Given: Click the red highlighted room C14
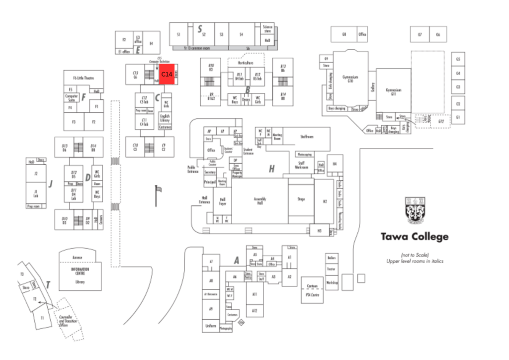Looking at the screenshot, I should pyautogui.click(x=167, y=74).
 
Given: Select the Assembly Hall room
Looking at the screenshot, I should pyautogui.click(x=260, y=200).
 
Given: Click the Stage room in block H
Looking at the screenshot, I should pyautogui.click(x=301, y=199).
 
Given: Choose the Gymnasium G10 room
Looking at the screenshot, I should pyautogui.click(x=350, y=79).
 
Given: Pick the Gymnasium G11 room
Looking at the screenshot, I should pyautogui.click(x=393, y=91).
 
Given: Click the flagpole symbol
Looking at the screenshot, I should pyautogui.click(x=158, y=195).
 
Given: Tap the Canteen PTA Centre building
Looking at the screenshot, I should pyautogui.click(x=312, y=289).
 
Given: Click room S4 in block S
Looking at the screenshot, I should pyautogui.click(x=241, y=34).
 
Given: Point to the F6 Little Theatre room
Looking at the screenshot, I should pyautogui.click(x=84, y=78).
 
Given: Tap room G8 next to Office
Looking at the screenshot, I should pyautogui.click(x=343, y=34).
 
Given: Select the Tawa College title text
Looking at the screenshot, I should pyautogui.click(x=415, y=237).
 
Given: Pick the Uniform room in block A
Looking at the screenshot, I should pyautogui.click(x=210, y=326).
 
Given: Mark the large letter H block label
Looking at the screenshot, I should pyautogui.click(x=271, y=169).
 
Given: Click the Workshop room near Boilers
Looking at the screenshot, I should pyautogui.click(x=332, y=283).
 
